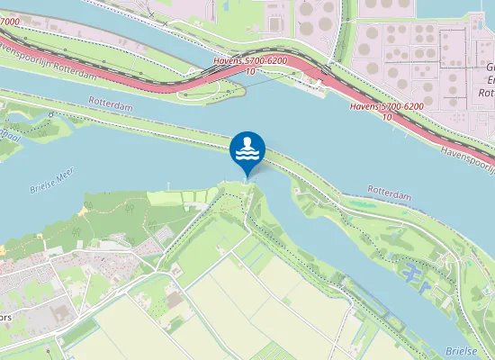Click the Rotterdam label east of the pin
389,190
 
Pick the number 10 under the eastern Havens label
387,116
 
